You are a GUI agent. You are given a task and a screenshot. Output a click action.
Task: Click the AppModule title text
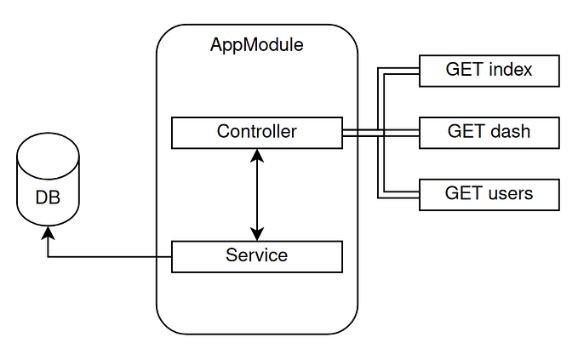pos(256,44)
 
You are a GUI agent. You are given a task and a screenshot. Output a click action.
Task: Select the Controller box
pos(256,132)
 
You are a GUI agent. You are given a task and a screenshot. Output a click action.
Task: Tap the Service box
pos(256,255)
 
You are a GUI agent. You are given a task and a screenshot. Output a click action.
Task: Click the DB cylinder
pos(48,187)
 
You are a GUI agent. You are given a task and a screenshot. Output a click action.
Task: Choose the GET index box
pos(489,70)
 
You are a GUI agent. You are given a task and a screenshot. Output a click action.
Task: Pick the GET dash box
pos(489,132)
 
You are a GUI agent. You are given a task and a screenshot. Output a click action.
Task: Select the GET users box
pos(489,194)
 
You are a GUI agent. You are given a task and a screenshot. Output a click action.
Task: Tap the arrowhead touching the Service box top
pos(256,235)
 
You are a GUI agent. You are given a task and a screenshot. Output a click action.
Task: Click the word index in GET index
pos(511,70)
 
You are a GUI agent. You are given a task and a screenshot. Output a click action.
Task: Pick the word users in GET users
pos(511,194)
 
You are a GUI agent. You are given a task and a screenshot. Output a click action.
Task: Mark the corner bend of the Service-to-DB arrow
pos(48,256)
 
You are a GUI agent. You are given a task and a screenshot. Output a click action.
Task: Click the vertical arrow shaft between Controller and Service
pos(256,194)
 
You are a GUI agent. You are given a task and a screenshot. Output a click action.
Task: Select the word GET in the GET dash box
pos(466,132)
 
